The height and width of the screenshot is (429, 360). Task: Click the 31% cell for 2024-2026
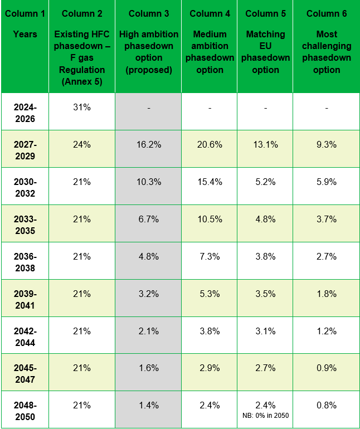coord(82,107)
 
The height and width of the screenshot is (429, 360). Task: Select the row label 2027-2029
coord(25,150)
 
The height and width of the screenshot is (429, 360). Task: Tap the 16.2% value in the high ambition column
coord(149,144)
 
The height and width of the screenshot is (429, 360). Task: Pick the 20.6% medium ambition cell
coord(210,144)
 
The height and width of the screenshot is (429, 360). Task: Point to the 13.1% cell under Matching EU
coord(265,144)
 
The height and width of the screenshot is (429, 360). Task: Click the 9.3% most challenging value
coord(327,144)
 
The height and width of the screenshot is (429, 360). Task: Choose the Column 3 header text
coord(149,13)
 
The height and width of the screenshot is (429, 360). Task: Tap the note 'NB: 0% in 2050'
coord(265,416)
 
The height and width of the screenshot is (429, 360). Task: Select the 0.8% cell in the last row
coord(327,405)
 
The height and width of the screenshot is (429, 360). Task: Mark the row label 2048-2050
coord(25,411)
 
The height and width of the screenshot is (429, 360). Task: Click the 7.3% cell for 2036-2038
coord(210,256)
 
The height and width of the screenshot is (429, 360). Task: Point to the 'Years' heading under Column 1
coord(25,34)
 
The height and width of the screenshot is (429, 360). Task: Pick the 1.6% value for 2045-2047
coord(149,368)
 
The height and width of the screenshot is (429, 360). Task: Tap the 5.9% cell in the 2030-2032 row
coord(327,182)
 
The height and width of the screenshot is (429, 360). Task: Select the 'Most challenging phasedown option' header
coord(327,52)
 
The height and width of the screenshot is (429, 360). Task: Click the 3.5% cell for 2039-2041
coord(265,294)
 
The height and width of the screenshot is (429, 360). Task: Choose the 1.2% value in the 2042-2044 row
coord(327,331)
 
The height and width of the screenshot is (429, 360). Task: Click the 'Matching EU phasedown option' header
coord(265,52)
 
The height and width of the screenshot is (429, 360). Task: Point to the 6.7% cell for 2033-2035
coord(149,219)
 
